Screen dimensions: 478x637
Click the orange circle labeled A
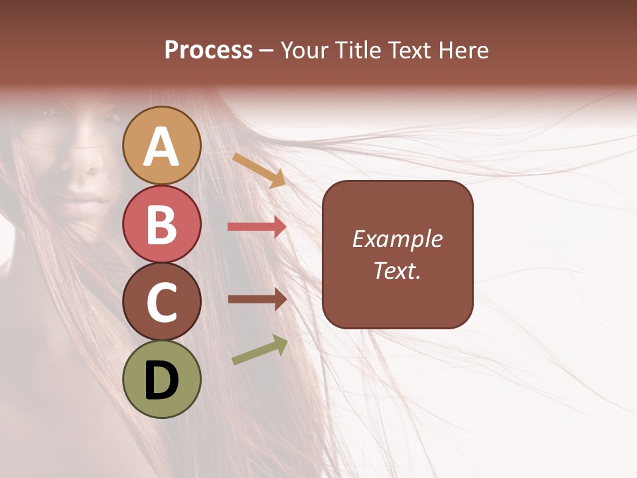(x=161, y=145)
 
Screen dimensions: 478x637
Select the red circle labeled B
(x=161, y=224)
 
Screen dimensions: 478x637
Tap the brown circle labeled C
(x=161, y=301)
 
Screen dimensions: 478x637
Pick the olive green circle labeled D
(x=161, y=380)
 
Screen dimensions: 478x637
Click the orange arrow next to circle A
(x=259, y=170)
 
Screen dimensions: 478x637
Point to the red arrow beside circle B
(x=257, y=227)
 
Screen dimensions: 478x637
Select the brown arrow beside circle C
(x=257, y=299)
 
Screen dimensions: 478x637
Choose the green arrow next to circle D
(x=260, y=350)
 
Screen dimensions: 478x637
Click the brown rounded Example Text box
(x=397, y=254)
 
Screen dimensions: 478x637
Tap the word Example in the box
(x=397, y=239)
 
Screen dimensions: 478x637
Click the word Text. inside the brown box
(x=397, y=270)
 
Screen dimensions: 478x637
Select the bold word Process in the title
(x=208, y=50)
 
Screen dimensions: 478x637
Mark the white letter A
(x=161, y=147)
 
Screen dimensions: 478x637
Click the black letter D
(x=161, y=380)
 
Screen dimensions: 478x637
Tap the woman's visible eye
(x=46, y=112)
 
